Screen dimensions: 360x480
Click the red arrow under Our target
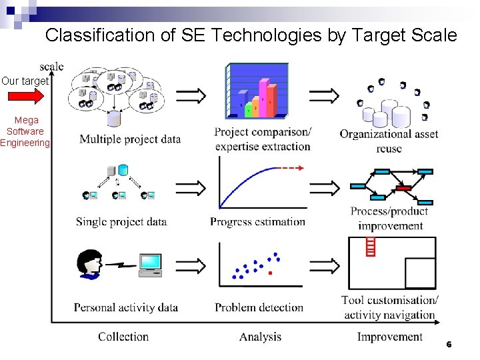tap(25, 97)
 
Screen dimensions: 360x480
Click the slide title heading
tap(251, 35)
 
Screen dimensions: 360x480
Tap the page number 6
tap(449, 345)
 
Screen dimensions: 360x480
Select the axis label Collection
tap(123, 337)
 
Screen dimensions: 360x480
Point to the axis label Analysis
tap(260, 337)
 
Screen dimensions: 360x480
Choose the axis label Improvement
tap(389, 337)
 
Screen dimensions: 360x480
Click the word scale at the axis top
tap(51, 66)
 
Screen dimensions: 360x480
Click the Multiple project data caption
tap(130, 139)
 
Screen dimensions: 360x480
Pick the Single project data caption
tap(121, 222)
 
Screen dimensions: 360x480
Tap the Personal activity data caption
tap(126, 307)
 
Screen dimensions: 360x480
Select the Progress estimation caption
tap(257, 222)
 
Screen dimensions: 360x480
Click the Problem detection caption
tap(259, 307)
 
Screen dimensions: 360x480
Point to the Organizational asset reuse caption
tap(389, 141)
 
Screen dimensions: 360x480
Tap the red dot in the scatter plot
tap(269, 273)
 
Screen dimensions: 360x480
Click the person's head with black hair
tap(89, 263)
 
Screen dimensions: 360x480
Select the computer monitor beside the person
tap(150, 263)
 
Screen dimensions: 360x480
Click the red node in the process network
tap(403, 188)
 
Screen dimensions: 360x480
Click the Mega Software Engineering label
tap(25, 131)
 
